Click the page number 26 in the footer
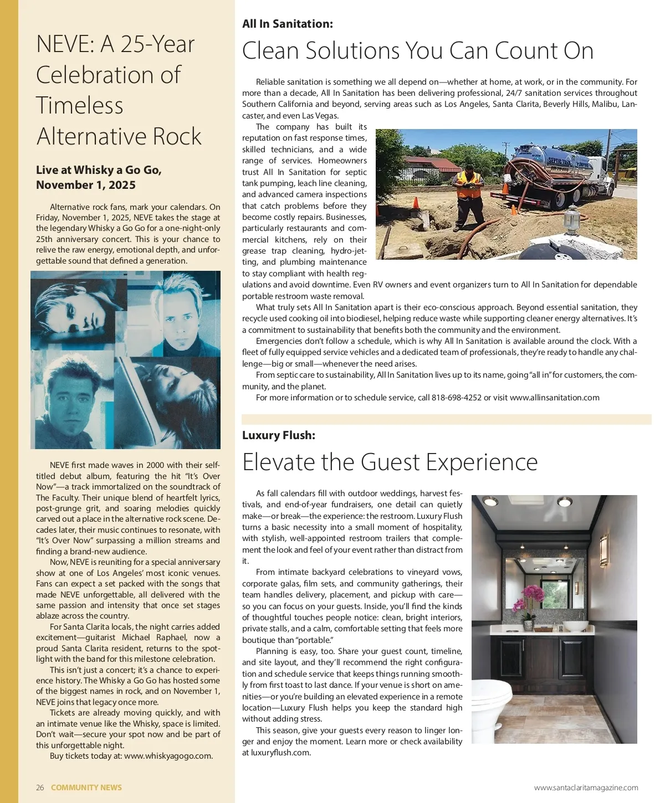pos(40,787)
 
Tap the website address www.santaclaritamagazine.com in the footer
pos(586,787)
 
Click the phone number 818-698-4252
pos(457,398)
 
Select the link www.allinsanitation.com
pos(554,398)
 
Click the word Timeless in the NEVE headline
pos(80,105)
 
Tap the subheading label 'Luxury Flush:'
pos(278,435)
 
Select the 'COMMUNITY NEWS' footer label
pos(86,787)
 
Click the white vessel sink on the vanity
pos(579,626)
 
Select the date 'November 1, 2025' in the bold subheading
pos(86,185)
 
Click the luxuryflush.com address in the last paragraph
pos(280,753)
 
